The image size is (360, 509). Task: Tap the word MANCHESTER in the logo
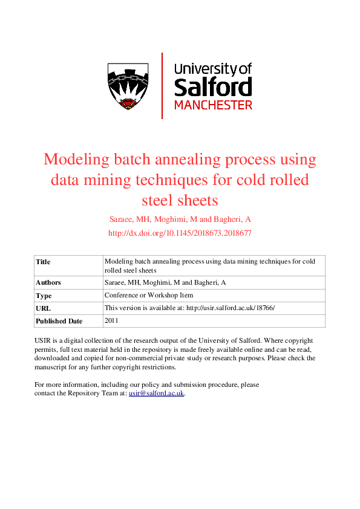pos(213,105)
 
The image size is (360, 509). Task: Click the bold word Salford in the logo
pos(212,86)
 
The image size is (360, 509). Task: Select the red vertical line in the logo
pos(162,85)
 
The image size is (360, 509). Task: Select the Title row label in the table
pos(43,262)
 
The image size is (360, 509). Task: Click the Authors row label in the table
pos(48,282)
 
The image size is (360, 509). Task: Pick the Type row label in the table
pos(44,296)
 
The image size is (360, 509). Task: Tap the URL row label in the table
pos(43,308)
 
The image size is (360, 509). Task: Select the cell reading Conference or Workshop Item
pos(149,296)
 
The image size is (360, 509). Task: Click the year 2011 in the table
pos(113,320)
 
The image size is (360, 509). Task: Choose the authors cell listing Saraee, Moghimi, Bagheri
pos(157,282)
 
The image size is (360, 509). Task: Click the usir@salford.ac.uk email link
pos(156,393)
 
